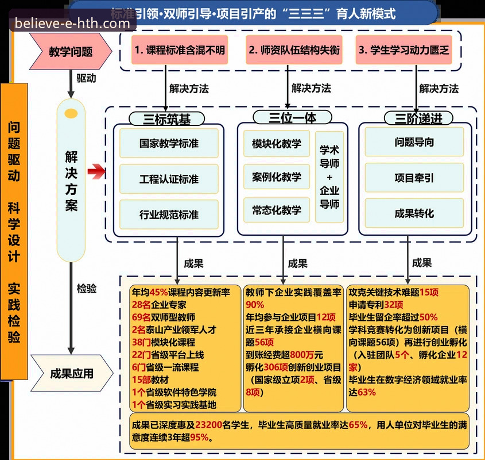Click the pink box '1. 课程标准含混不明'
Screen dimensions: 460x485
pos(180,50)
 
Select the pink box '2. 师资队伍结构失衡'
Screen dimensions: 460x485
pos(294,50)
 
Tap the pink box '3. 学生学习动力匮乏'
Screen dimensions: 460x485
pos(403,50)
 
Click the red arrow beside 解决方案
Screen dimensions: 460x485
pos(97,171)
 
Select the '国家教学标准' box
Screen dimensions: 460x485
pos(169,143)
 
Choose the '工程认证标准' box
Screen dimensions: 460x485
pos(169,179)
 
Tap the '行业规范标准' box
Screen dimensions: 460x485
pos(169,214)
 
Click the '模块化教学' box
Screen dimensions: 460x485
pos(277,143)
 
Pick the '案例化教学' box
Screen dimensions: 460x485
pos(277,177)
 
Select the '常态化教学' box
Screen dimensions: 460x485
pos(277,210)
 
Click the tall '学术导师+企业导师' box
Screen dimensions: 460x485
pos(329,177)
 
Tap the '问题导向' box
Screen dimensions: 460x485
pos(414,142)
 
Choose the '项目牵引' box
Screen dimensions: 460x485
pos(414,178)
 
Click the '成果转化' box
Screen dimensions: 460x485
pos(414,213)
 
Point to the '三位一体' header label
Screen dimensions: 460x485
pos(293,117)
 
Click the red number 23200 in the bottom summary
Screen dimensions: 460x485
pos(211,425)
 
